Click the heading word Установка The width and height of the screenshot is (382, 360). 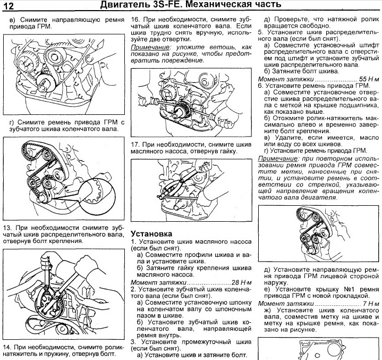tap(151, 233)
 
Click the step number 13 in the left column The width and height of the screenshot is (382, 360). tap(8, 225)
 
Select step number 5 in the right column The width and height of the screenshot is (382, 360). tap(260, 32)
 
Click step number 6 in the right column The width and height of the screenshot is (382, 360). tap(260, 85)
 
